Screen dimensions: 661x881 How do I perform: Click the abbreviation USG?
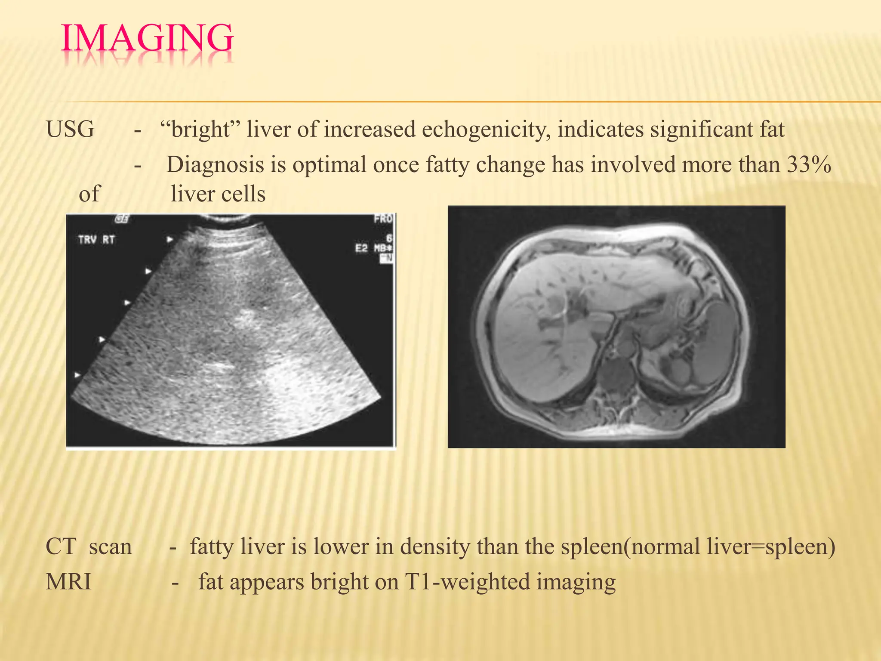[x=70, y=129]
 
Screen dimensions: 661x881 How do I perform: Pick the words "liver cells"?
[x=218, y=194]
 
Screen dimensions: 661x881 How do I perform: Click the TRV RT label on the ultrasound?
[x=96, y=239]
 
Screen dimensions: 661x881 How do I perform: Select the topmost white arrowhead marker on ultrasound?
[x=170, y=239]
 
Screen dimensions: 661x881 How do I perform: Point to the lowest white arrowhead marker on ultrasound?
[x=77, y=375]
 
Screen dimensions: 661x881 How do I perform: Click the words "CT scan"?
[x=89, y=547]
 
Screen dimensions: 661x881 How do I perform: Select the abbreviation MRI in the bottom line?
[x=69, y=582]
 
